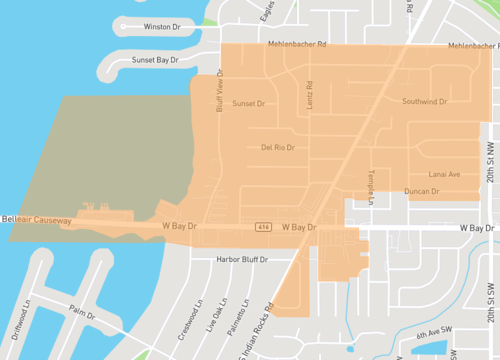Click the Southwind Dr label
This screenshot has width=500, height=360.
(424, 102)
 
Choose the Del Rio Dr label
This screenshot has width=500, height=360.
(278, 147)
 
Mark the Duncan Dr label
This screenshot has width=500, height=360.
(421, 191)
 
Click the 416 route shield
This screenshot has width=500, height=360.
(263, 227)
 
